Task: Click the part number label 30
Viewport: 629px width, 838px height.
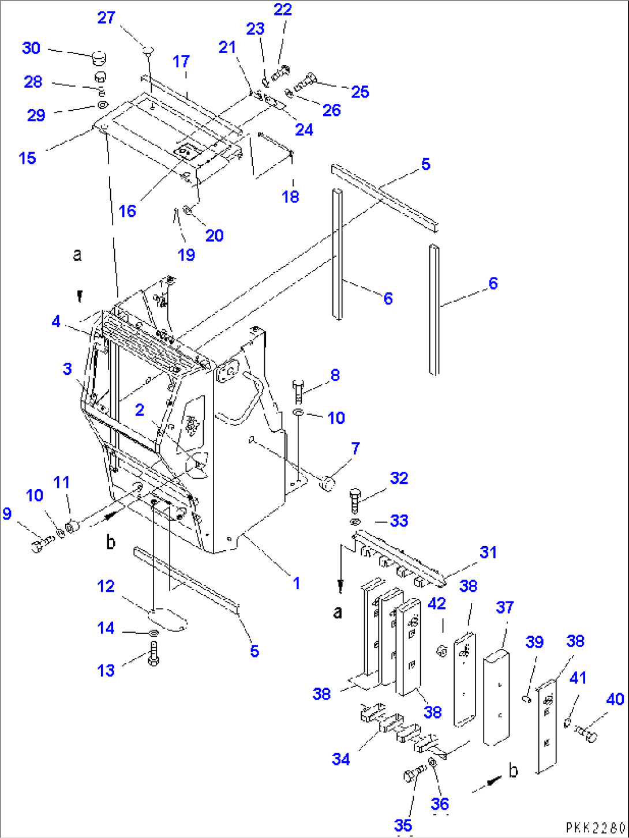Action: point(31,48)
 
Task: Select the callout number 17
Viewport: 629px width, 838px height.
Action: point(181,61)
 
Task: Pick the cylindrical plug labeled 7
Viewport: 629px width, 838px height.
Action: point(328,482)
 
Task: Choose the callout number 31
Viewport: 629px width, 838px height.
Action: point(488,553)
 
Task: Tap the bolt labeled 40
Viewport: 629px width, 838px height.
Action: point(585,734)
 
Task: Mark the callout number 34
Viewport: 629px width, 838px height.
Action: point(340,760)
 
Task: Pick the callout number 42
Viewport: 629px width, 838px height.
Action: point(437,604)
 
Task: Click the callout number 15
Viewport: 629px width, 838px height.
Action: point(28,158)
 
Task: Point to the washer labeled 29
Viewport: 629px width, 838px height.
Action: point(102,105)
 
